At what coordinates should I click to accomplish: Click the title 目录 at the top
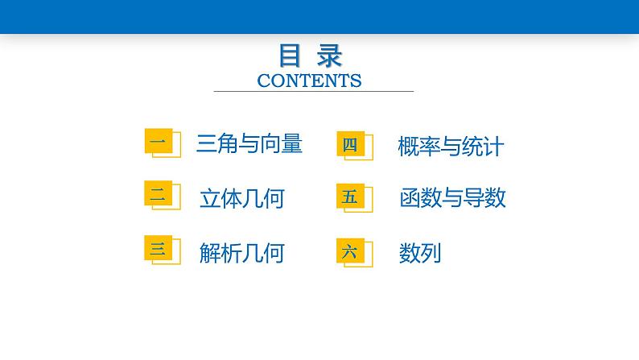[x=310, y=56]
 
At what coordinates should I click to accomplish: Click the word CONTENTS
[x=310, y=81]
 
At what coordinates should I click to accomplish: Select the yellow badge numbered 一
[x=157, y=143]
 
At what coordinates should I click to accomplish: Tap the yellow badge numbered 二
[x=157, y=194]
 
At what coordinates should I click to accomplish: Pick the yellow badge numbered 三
[x=157, y=250]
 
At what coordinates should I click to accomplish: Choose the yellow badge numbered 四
[x=349, y=145]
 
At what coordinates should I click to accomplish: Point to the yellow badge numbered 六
[x=349, y=251]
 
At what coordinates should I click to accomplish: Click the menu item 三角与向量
[x=249, y=144]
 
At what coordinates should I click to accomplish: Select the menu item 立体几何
[x=241, y=198]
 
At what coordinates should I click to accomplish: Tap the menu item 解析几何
[x=241, y=254]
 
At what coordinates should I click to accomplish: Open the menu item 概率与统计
[x=451, y=147]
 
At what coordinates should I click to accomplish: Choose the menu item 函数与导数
[x=452, y=198]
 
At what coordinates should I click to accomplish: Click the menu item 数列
[x=420, y=254]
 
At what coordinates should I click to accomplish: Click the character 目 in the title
[x=291, y=56]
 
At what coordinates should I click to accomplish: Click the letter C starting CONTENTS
[x=262, y=81]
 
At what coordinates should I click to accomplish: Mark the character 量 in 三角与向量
[x=293, y=144]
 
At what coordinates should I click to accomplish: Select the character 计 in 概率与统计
[x=494, y=147]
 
